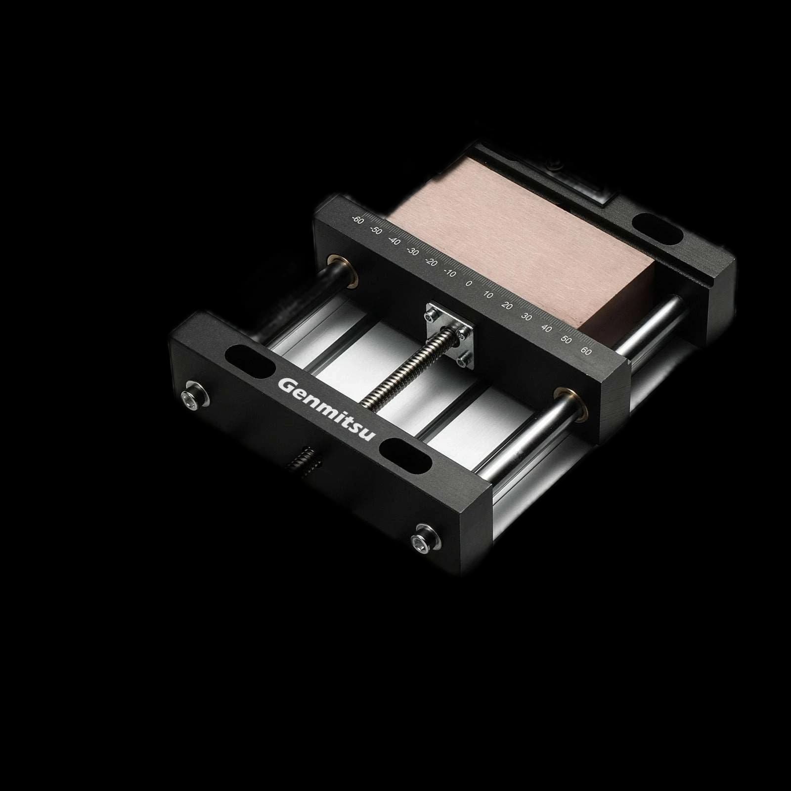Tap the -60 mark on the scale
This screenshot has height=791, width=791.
pos(357,219)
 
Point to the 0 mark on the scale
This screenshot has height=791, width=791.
pos(469,283)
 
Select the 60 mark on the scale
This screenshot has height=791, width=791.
pos(586,352)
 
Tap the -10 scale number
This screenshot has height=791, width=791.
pos(450,272)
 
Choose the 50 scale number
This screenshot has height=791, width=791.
pos(567,340)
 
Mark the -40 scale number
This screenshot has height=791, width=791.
pos(394,241)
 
